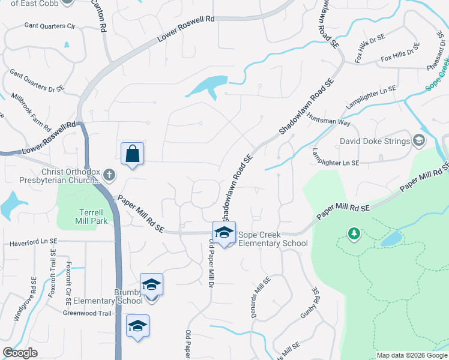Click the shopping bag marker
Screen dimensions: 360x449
point(132,153)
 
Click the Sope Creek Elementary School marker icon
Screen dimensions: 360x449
point(224,232)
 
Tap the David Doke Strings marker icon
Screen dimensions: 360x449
point(419,142)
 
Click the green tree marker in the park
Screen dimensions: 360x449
point(354,233)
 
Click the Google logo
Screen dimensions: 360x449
point(20,353)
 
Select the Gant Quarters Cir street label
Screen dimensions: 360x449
point(50,26)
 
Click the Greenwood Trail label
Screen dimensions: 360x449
point(88,313)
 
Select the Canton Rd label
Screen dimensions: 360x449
point(103,19)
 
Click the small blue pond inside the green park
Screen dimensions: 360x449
point(391,240)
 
